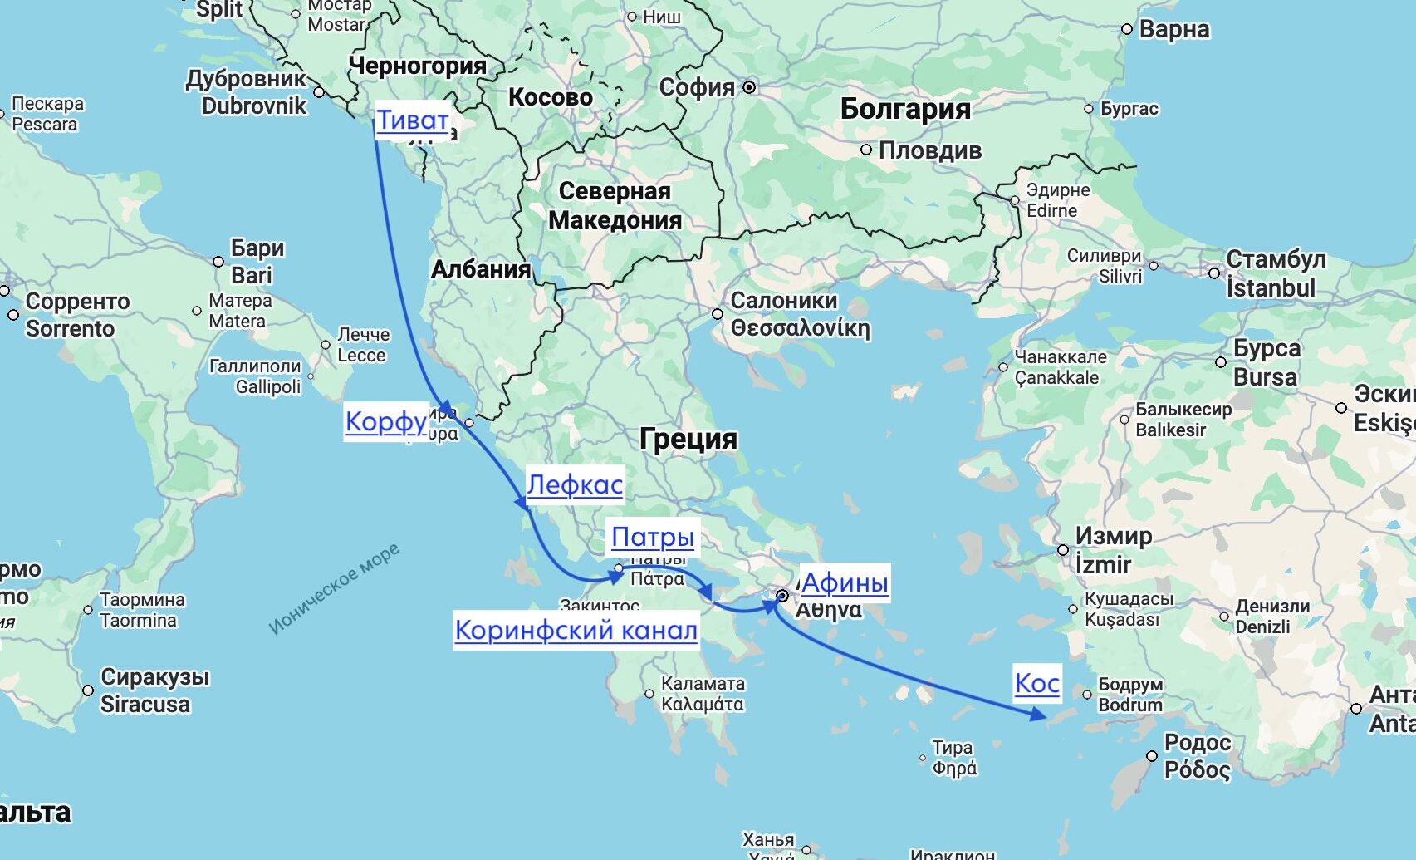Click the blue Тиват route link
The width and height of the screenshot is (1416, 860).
[413, 120]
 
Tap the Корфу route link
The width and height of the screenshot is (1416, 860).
[385, 421]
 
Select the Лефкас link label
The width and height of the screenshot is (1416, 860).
[575, 484]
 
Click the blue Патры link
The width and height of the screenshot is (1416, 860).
[653, 538]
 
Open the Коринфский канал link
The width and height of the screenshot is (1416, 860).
[576, 631]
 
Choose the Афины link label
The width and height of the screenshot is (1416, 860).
[844, 582]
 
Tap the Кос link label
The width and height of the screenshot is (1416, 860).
[1037, 683]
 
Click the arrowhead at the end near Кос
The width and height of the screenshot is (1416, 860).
[1037, 713]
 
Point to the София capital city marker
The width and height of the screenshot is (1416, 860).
[749, 87]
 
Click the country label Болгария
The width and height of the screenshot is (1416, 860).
[904, 109]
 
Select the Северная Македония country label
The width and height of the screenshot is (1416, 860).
[615, 206]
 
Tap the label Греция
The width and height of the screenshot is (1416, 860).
[688, 439]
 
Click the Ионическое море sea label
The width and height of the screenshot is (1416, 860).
[334, 588]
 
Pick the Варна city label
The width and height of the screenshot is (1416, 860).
[1173, 29]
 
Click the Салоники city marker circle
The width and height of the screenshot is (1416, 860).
[718, 314]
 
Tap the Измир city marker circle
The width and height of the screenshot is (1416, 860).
[1063, 550]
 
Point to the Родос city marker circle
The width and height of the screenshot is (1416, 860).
[1152, 756]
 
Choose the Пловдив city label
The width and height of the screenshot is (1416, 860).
[929, 150]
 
